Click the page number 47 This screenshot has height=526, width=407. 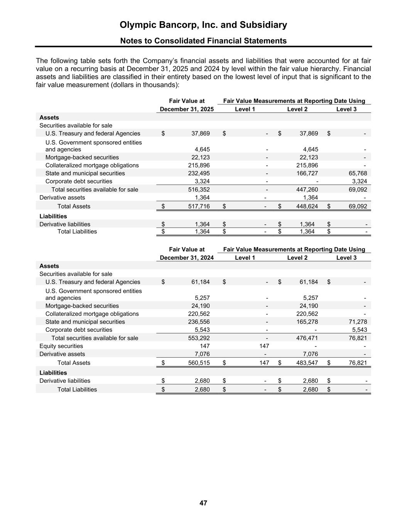pyautogui.click(x=203, y=503)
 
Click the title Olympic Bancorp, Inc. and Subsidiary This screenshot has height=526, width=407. pyautogui.click(x=203, y=25)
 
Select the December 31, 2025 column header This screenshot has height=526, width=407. pyautogui.click(x=187, y=109)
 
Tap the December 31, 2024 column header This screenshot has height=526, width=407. pyautogui.click(x=187, y=258)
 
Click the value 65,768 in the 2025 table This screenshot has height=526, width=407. pyautogui.click(x=357, y=173)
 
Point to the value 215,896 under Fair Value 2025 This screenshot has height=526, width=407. pyautogui.click(x=199, y=165)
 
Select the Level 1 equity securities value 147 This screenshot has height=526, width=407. pyautogui.click(x=264, y=346)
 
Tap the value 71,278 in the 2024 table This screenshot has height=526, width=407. pyautogui.click(x=357, y=322)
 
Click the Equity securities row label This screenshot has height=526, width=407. pyautogui.click(x=61, y=346)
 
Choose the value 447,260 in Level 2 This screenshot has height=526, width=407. pyautogui.click(x=307, y=190)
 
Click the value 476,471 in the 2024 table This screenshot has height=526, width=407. pyautogui.click(x=307, y=338)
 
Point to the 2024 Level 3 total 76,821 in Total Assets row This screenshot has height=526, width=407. pyautogui.click(x=357, y=363)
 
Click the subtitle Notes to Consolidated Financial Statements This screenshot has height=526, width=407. pyautogui.click(x=203, y=41)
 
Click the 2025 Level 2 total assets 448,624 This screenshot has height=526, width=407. pyautogui.click(x=307, y=207)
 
